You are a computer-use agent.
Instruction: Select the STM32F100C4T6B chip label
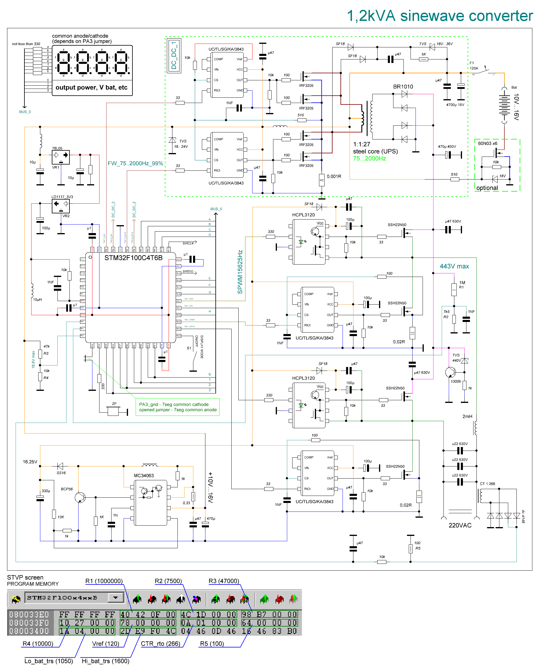[x=133, y=258]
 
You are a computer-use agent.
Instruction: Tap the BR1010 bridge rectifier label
[x=403, y=87]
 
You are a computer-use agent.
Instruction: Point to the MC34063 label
[x=144, y=476]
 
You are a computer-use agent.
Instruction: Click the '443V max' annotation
[x=454, y=266]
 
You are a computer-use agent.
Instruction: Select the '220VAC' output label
[x=460, y=525]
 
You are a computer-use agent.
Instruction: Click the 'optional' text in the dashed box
[x=487, y=188]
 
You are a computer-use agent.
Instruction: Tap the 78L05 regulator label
[x=57, y=148]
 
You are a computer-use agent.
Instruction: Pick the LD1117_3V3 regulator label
[x=62, y=197]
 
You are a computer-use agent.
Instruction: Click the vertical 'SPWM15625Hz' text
[x=240, y=272]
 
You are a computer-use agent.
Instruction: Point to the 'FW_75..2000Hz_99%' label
[x=135, y=163]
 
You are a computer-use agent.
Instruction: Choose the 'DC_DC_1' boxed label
[x=174, y=55]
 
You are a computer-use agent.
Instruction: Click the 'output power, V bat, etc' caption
[x=92, y=87]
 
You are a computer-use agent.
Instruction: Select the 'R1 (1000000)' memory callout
[x=104, y=581]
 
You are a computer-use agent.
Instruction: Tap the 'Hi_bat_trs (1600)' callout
[x=106, y=661]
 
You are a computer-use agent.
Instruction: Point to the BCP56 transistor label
[x=67, y=489]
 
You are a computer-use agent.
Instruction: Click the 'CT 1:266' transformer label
[x=487, y=484]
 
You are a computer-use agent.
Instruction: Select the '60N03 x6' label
[x=487, y=144]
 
